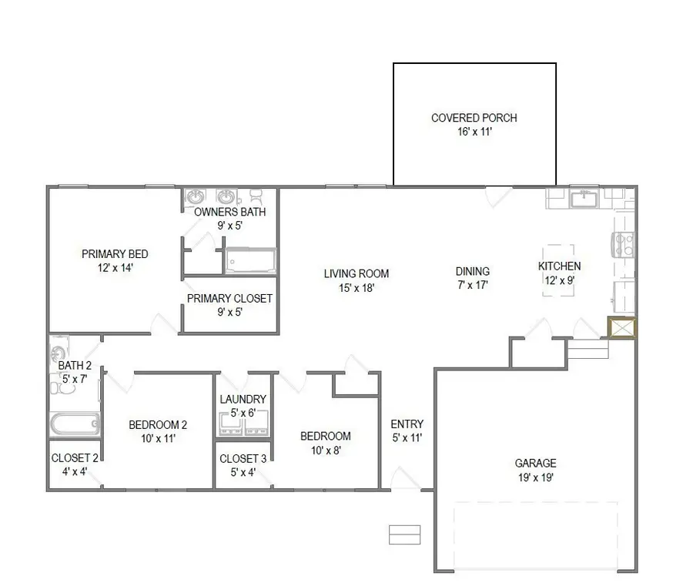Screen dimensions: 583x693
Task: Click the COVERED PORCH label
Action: click(474, 118)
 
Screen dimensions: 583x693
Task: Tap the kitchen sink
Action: click(584, 199)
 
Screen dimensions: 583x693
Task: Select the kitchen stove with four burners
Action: click(624, 245)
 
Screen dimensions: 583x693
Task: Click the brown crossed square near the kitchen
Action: click(621, 328)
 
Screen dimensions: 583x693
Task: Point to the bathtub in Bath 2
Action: click(75, 424)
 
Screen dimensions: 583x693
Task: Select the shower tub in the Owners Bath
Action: click(249, 260)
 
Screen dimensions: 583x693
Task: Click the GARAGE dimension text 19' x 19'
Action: click(535, 477)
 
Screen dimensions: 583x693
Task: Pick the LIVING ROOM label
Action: click(356, 273)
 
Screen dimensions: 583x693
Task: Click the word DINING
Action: click(472, 271)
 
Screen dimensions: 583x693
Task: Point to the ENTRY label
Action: click(407, 424)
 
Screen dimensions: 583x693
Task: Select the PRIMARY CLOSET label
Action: click(229, 298)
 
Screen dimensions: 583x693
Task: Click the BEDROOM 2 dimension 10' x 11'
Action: click(157, 438)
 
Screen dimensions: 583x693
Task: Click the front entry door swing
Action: click(404, 478)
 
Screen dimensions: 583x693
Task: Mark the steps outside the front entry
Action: click(404, 534)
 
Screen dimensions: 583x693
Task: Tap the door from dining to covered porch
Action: click(497, 196)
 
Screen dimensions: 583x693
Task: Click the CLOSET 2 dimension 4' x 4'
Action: click(74, 471)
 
